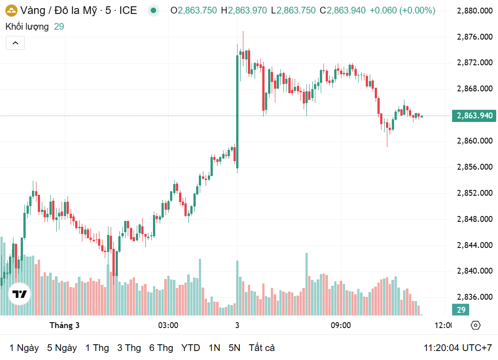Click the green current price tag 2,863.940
point(474,116)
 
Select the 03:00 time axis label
point(168,325)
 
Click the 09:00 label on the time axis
point(341,325)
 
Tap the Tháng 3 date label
point(64,325)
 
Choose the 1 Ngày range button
point(24,348)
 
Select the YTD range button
point(191,348)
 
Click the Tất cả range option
point(261,348)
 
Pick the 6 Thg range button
point(161,348)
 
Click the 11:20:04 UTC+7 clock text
point(458,348)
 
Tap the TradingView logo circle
point(19,295)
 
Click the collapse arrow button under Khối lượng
point(15,43)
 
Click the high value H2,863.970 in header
point(244,10)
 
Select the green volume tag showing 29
point(461,310)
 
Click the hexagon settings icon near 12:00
point(476,325)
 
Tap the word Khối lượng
point(27,27)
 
